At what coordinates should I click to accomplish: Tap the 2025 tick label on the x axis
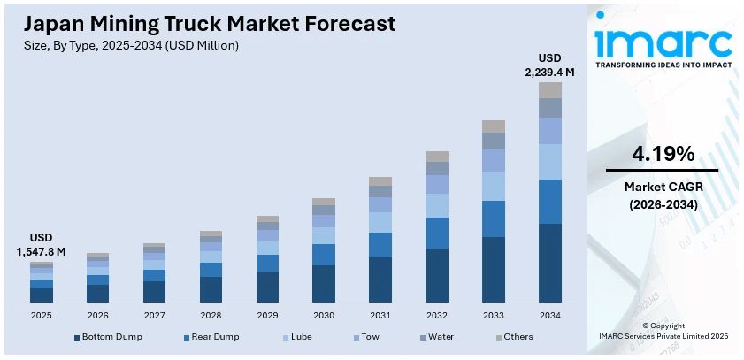42,316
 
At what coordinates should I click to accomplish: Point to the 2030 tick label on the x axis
324,316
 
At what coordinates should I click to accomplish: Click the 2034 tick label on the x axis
549,316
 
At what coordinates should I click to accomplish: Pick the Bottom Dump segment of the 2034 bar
549,263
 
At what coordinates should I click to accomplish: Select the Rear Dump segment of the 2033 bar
494,218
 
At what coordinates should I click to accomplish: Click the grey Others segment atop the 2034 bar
549,89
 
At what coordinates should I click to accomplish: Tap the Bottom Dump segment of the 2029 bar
268,287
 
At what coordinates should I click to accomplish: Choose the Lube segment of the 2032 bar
437,205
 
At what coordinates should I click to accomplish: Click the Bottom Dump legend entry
108,337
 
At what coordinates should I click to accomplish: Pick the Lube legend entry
300,337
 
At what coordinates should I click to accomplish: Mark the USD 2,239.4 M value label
549,65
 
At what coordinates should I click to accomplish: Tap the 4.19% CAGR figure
662,154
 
